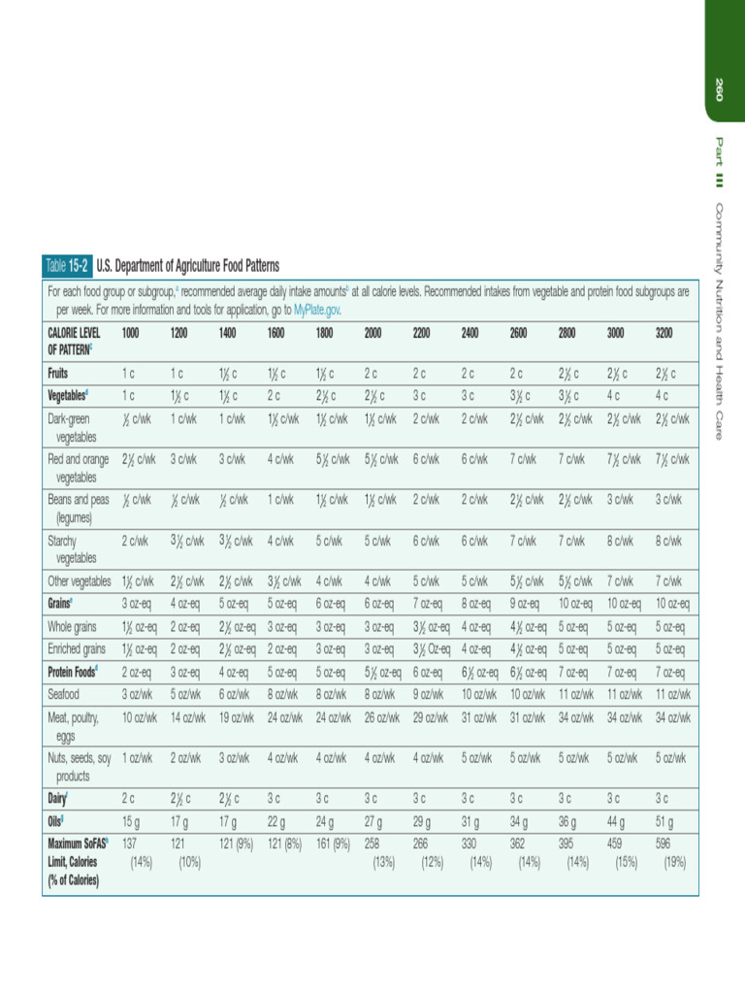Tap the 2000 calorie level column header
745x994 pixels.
point(372,333)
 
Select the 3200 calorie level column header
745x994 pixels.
point(664,333)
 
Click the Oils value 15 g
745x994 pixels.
point(132,820)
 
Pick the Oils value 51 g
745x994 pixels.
point(664,820)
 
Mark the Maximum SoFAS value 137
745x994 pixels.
point(132,844)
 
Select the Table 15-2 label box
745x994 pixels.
point(67,265)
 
